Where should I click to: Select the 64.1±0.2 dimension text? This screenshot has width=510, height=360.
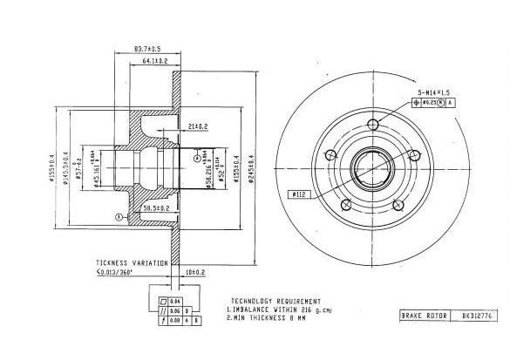click(x=154, y=61)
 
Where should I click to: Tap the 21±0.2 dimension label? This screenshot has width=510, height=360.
click(x=197, y=127)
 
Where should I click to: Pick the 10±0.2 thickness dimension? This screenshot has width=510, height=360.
click(x=195, y=273)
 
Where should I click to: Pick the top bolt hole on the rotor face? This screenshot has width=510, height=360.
click(x=375, y=123)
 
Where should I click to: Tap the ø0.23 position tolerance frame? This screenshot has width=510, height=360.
click(x=430, y=102)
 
